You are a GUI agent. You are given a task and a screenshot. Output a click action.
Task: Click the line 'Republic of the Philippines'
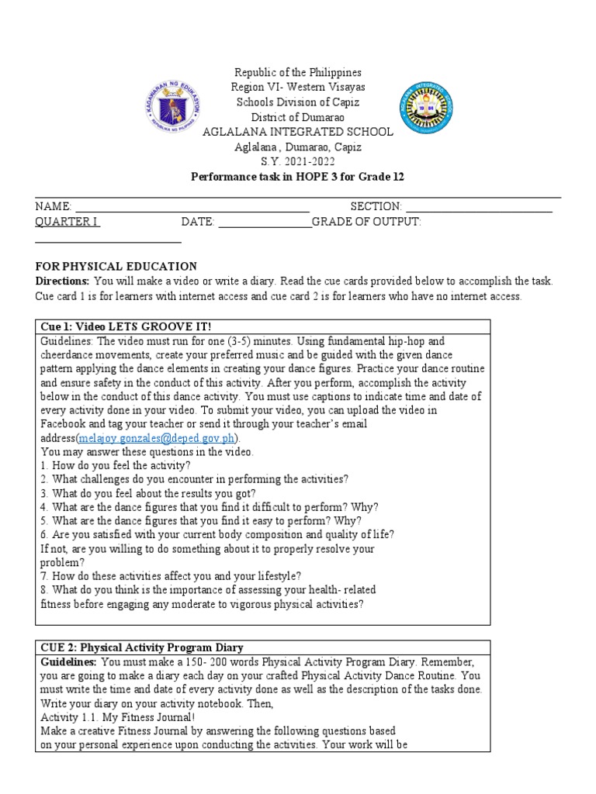(298, 72)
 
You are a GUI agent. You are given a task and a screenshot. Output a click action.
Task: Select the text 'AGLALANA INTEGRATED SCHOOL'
(298, 132)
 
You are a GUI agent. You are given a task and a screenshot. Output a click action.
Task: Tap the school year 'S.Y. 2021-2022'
(298, 161)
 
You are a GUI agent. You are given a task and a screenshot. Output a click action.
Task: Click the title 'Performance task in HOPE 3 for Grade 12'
(298, 177)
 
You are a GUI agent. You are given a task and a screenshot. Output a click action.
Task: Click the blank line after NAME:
(192, 207)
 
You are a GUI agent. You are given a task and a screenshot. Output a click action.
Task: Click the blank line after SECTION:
(479, 207)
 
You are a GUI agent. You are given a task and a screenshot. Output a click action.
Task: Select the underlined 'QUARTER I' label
(68, 222)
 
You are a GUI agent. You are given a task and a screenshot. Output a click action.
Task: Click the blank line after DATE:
(265, 223)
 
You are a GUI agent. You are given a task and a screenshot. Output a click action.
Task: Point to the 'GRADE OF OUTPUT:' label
(366, 222)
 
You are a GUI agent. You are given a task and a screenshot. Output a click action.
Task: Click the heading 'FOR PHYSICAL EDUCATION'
(116, 266)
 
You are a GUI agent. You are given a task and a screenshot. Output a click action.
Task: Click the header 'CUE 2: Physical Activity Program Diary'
(140, 647)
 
